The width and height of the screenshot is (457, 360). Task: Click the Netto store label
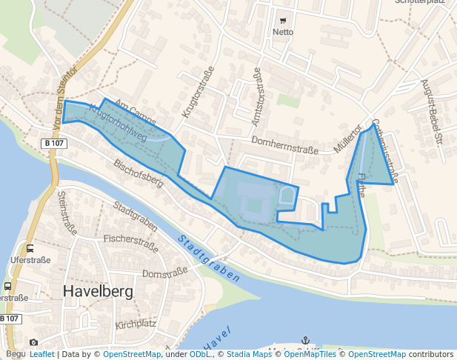click(x=283, y=32)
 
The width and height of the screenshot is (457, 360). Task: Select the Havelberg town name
click(x=99, y=291)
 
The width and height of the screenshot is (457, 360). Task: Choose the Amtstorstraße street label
click(x=257, y=92)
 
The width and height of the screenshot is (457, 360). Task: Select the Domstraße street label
click(x=161, y=275)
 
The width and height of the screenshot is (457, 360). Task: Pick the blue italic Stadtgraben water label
click(x=209, y=259)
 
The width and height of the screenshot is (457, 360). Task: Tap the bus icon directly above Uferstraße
click(x=30, y=249)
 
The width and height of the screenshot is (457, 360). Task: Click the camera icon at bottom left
click(x=33, y=342)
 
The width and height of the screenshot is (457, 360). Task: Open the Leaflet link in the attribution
click(x=41, y=355)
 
